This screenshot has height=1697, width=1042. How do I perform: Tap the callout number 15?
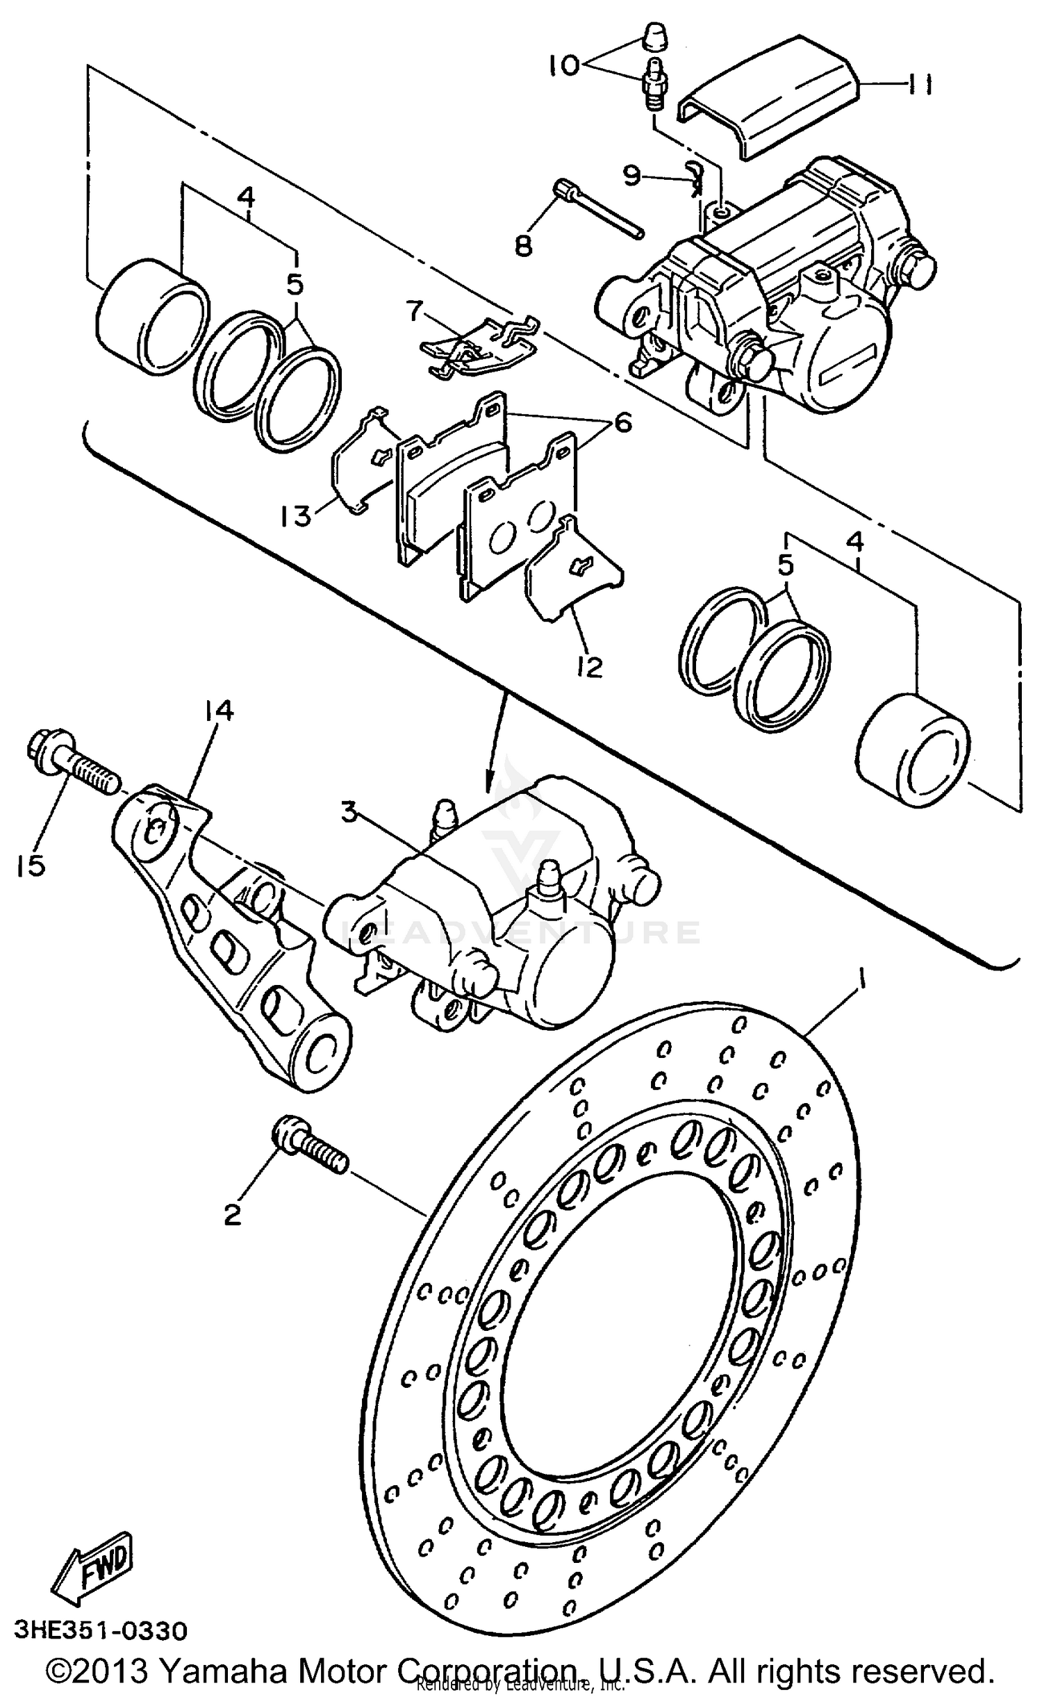(31, 866)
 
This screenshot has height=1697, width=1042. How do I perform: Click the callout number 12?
(588, 667)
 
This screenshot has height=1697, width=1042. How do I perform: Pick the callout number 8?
(522, 245)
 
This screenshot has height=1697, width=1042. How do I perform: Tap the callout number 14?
(219, 711)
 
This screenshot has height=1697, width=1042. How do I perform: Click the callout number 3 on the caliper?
(349, 812)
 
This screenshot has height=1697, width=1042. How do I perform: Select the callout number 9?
(631, 176)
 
